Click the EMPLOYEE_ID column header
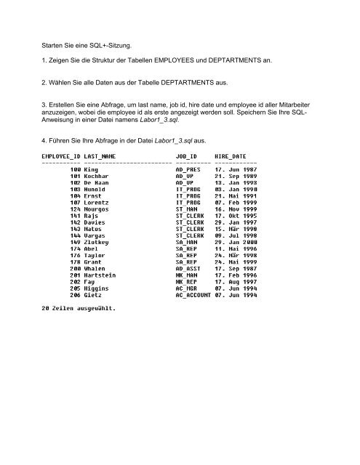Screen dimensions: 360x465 pyautogui.click(x=61, y=156)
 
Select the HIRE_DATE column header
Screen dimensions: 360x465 pyautogui.click(x=232, y=156)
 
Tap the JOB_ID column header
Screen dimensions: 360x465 pyautogui.click(x=187, y=156)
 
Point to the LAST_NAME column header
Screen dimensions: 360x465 pyautogui.click(x=101, y=156)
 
